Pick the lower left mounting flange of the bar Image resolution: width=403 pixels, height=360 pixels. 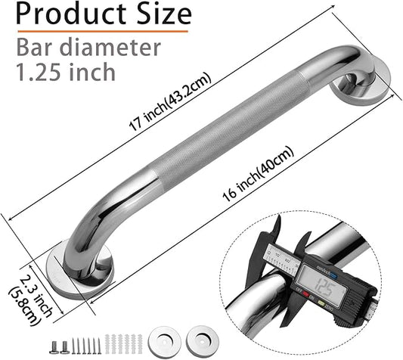(x=79, y=270)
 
